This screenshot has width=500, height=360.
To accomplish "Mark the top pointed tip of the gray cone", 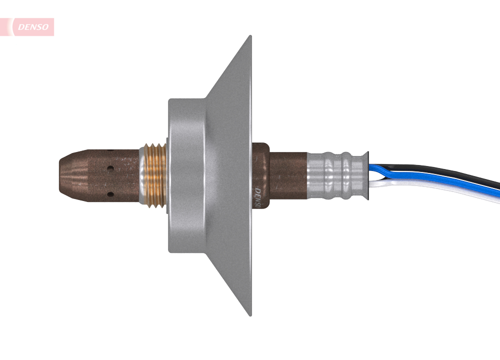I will [249, 38].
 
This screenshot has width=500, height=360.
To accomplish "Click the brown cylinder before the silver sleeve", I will [288, 175].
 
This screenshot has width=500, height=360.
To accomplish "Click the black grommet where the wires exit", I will [366, 175].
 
